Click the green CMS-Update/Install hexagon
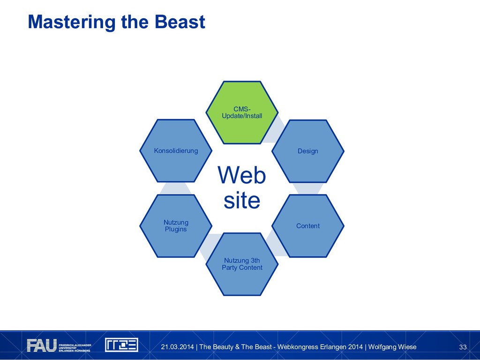pos(242,112)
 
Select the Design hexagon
pos(308,151)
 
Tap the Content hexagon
pos(308,226)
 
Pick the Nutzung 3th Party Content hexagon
pos(242,264)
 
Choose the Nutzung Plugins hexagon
pos(176,226)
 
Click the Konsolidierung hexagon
pos(176,151)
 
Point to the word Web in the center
pos(242,176)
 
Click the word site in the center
pos(242,201)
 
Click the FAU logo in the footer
pos(42,345)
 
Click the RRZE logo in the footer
pos(121,345)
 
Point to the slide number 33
pos(463,347)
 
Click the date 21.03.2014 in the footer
pos(177,347)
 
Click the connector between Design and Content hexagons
pos(308,188)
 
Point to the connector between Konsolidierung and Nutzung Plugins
pos(176,188)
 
